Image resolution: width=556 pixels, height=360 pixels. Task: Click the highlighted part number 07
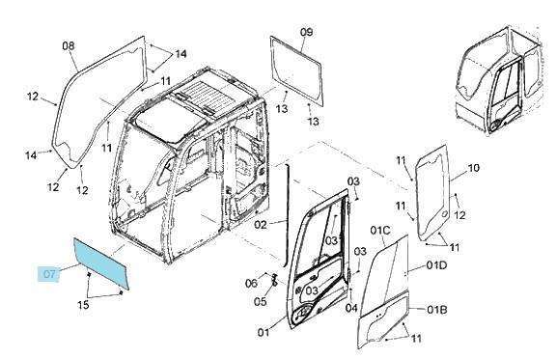tap(49, 274)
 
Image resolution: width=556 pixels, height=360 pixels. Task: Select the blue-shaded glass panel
tap(101, 263)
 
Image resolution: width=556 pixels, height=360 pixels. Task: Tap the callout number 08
tap(69, 45)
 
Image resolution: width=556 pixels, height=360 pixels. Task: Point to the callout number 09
tap(306, 32)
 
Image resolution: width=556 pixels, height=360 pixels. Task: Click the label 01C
tap(380, 231)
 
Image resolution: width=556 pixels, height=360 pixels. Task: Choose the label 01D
tap(436, 265)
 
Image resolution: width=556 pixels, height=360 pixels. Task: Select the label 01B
tap(436, 310)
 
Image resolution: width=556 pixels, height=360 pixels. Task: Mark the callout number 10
tap(473, 168)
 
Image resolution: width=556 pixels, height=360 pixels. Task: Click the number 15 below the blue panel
tap(83, 304)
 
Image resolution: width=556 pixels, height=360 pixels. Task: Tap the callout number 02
tap(261, 225)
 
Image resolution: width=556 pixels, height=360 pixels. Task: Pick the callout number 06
tap(251, 284)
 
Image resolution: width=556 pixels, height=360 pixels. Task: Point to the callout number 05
tap(261, 301)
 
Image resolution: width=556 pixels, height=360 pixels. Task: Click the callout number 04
tap(351, 308)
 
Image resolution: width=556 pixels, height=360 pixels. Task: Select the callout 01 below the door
tap(264, 332)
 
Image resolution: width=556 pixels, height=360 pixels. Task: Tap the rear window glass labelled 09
tap(296, 70)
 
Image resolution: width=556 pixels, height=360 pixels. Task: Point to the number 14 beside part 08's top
tap(181, 54)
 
